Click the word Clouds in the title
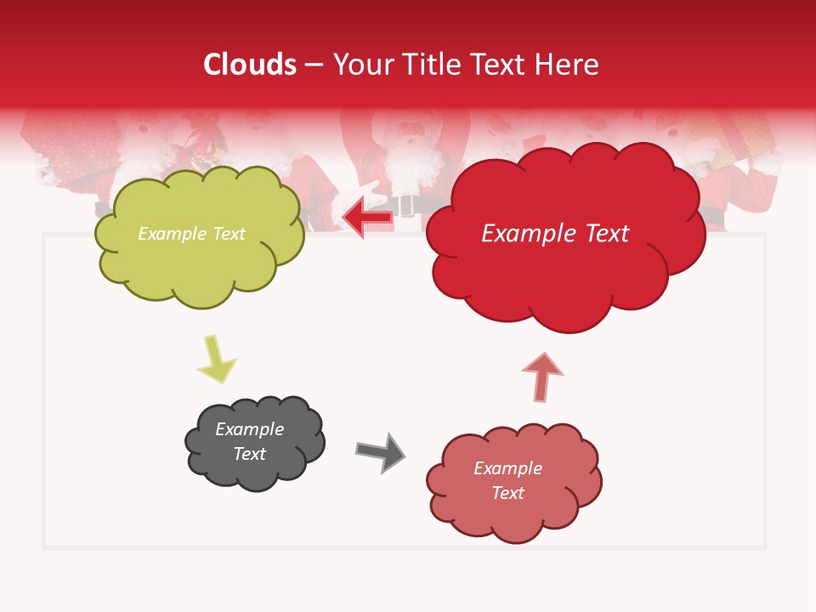point(250,65)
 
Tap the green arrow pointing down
point(216,360)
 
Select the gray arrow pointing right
point(382,451)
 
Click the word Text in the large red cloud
point(602,234)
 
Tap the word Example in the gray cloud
point(249,429)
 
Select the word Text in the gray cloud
point(249,454)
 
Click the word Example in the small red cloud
point(507,468)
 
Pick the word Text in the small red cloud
point(507,493)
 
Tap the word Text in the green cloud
point(228,234)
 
